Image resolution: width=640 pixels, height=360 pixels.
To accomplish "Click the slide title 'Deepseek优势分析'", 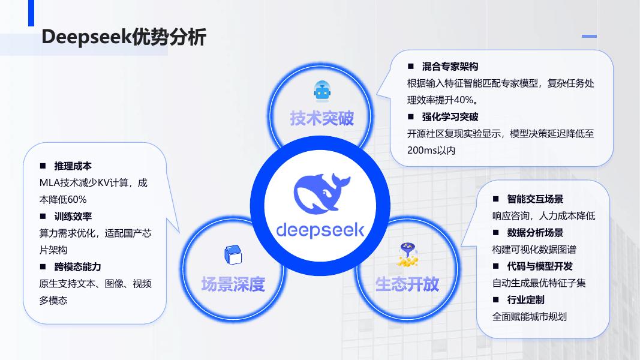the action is tap(124, 37).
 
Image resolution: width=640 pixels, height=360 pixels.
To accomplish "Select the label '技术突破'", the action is tap(322, 118).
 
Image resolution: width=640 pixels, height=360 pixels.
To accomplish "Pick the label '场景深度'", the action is tap(233, 284).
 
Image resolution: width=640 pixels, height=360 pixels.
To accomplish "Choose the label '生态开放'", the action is tap(407, 284).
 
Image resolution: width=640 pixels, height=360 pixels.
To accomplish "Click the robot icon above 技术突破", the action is tap(322, 91).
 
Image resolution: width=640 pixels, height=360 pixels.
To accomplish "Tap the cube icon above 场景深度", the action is tap(233, 256).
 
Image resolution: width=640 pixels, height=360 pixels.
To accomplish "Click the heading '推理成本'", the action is tap(73, 166).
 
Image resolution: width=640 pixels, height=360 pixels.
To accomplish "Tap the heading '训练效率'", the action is tap(73, 216).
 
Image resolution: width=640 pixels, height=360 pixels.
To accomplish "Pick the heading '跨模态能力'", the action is tap(77, 266).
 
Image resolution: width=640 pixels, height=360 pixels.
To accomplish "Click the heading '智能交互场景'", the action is tap(535, 199).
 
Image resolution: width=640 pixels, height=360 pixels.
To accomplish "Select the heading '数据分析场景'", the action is tap(535, 232).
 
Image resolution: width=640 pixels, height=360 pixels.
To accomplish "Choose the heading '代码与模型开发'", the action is tap(540, 266).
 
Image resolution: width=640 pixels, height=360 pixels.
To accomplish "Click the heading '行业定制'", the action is tap(526, 299).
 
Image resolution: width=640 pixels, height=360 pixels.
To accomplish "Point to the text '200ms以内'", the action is tap(431, 150).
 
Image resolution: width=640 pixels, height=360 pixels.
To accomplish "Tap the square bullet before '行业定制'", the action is tap(496, 299).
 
